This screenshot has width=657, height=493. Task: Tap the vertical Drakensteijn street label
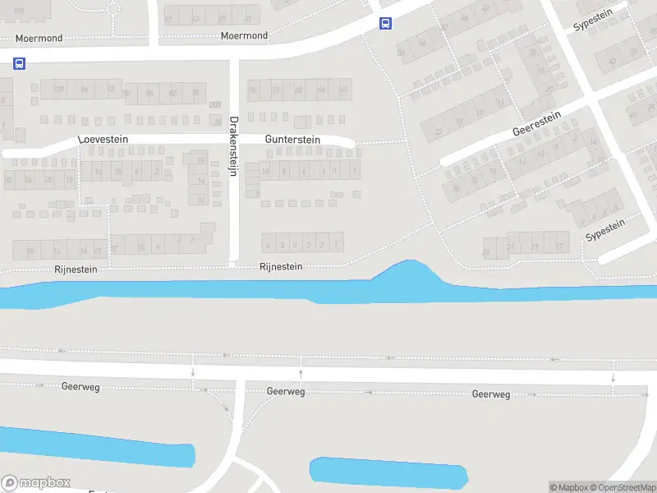point(233,149)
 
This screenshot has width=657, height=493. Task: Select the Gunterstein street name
point(292,140)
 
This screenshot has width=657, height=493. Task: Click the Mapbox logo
point(36,483)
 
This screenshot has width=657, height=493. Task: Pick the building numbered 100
point(59,90)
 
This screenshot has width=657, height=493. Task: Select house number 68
point(299,90)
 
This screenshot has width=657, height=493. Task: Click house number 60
point(344,90)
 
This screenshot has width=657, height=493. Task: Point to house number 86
point(150,93)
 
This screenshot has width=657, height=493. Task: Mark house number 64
point(321,90)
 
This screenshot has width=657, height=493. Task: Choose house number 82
point(172,93)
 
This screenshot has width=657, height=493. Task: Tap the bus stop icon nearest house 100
point(19,63)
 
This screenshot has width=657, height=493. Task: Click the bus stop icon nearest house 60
point(385,24)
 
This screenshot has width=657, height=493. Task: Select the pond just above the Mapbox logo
point(99,452)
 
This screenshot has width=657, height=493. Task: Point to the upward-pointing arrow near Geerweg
point(301,374)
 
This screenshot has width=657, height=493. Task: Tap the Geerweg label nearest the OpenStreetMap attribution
point(491,394)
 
